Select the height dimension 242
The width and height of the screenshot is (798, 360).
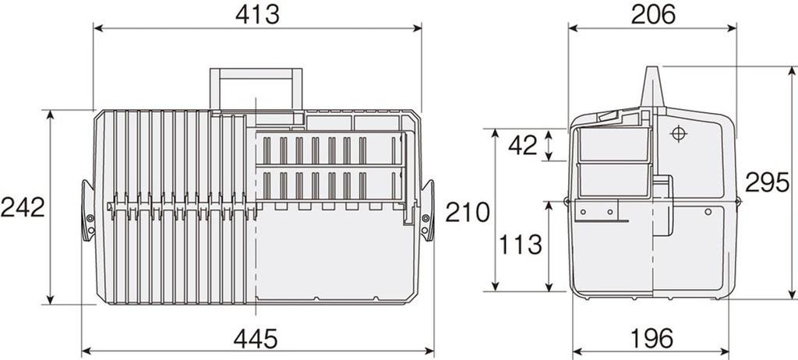22,207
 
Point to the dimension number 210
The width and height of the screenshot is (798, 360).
468,211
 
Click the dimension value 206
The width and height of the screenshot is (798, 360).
652,13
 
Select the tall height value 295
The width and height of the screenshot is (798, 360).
767,182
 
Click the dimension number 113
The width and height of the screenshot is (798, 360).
521,245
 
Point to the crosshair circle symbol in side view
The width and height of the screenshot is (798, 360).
677,133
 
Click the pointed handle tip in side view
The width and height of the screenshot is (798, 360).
651,71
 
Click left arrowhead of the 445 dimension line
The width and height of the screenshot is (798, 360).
85,351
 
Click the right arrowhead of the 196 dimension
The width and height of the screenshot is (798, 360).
733,351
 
